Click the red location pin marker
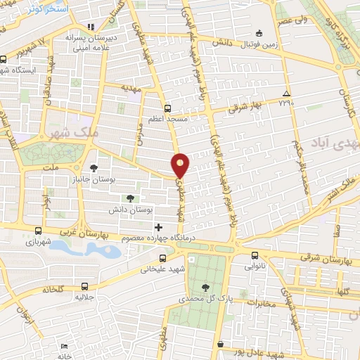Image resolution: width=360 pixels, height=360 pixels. click(x=181, y=164)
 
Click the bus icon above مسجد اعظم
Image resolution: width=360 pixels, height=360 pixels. click(x=167, y=108)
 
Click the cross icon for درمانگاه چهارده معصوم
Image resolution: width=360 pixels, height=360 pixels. click(x=158, y=227)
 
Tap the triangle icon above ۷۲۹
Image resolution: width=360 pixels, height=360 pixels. click(x=285, y=94)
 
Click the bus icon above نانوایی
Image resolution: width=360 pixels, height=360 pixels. click(x=255, y=255)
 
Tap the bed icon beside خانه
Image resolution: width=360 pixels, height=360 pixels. click(x=65, y=347)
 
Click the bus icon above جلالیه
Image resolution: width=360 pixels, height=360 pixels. click(x=84, y=286)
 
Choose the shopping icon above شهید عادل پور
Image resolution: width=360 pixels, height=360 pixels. click(x=221, y=345)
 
